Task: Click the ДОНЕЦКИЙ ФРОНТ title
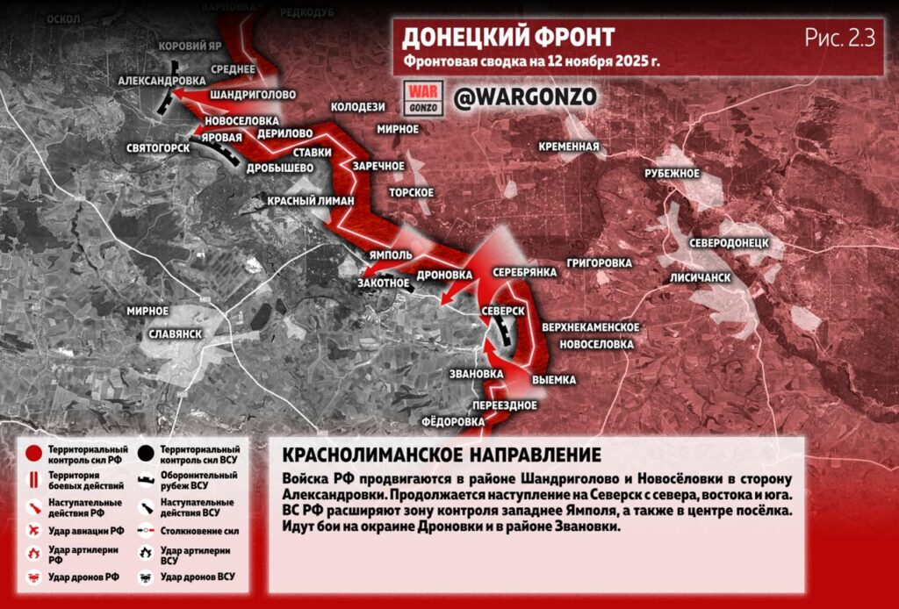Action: coord(507,38)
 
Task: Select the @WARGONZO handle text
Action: coord(525,96)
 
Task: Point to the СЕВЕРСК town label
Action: coord(503,312)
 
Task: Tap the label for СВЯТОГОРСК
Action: coord(158,147)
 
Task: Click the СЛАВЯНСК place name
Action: coord(176,334)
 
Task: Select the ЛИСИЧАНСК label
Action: coord(701,276)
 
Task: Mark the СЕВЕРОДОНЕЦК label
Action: coord(729,241)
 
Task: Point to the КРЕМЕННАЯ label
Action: coord(570,147)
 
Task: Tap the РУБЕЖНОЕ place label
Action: coord(672,174)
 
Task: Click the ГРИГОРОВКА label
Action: coord(600,262)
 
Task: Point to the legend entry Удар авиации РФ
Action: coord(86,530)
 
